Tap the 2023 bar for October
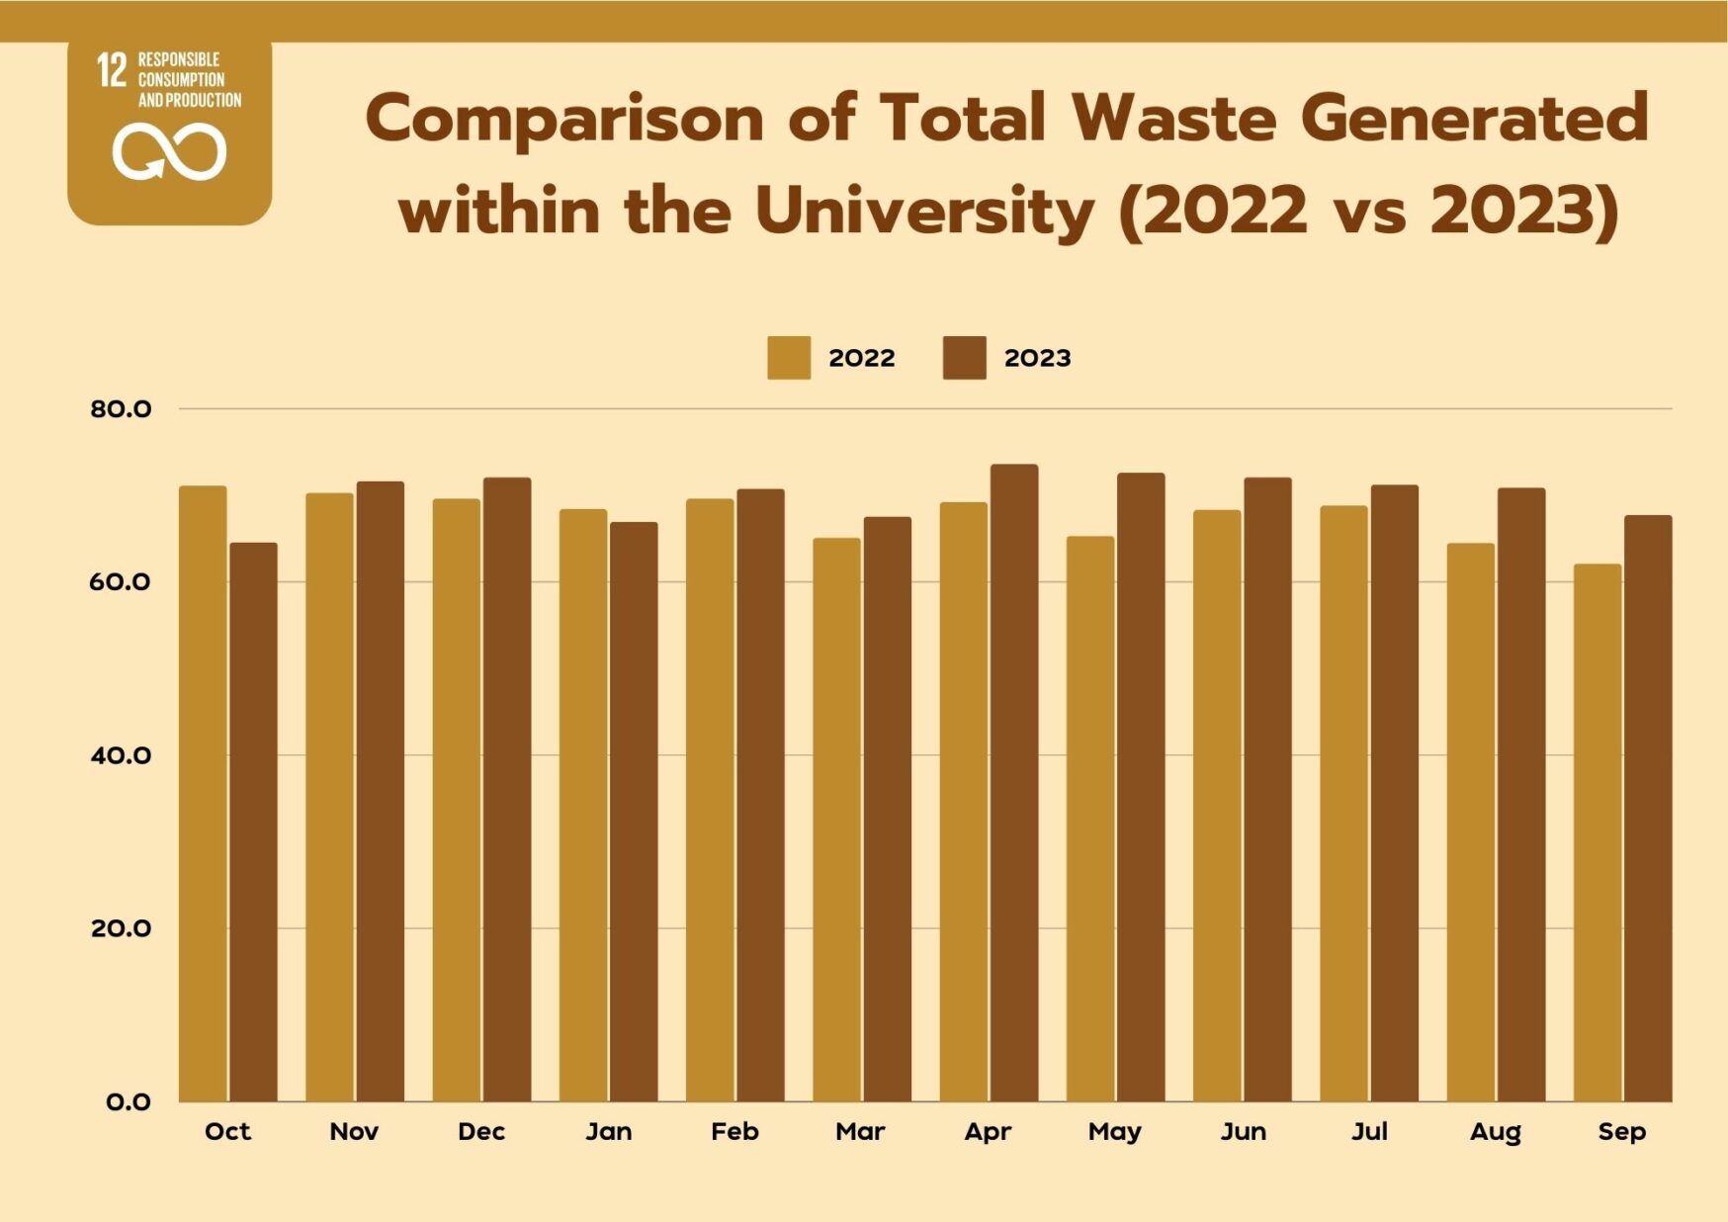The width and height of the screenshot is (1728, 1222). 254,822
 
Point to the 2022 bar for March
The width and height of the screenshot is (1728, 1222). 836,820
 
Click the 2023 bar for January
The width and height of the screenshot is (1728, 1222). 634,812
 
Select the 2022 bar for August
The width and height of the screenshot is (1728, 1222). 1470,822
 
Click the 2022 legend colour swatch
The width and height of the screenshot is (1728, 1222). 789,358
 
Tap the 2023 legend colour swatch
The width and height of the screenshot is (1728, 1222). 964,358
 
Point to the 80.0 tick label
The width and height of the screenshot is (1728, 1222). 121,409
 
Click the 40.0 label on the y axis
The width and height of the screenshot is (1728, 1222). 121,756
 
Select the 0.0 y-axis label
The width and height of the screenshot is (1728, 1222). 129,1102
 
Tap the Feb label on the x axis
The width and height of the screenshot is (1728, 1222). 734,1132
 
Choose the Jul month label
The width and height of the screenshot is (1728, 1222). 1369,1132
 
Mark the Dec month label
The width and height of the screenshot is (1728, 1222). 481,1132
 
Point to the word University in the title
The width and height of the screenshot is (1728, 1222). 924,211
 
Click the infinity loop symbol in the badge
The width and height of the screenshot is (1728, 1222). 169,152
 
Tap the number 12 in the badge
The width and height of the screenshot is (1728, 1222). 112,70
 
